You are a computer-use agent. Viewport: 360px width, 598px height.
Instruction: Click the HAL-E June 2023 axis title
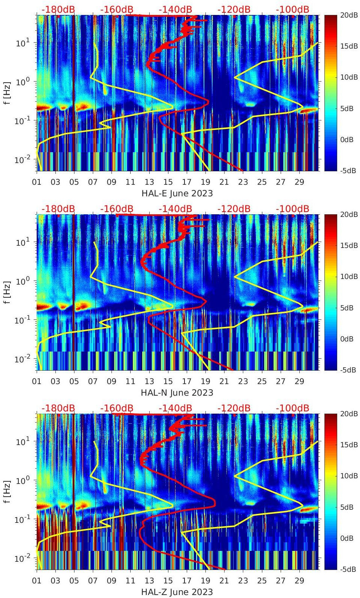tap(177, 193)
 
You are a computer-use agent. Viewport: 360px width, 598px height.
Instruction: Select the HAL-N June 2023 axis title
tap(177, 393)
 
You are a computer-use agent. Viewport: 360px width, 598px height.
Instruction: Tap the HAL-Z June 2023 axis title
tap(177, 592)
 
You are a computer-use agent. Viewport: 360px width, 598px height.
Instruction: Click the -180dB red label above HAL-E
tap(58, 9)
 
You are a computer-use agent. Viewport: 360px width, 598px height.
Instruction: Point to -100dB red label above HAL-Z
tap(292, 408)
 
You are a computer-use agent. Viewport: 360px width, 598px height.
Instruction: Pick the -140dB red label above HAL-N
tap(175, 209)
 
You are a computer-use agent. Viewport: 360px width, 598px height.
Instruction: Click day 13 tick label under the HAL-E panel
tap(149, 182)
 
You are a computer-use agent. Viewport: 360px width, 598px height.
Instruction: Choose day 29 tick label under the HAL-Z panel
tap(299, 581)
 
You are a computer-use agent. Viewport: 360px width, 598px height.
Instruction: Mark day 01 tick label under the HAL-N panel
tap(37, 381)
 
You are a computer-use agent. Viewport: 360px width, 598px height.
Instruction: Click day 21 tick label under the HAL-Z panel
tap(224, 581)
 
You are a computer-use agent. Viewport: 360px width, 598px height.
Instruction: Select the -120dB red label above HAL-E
tap(234, 9)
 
